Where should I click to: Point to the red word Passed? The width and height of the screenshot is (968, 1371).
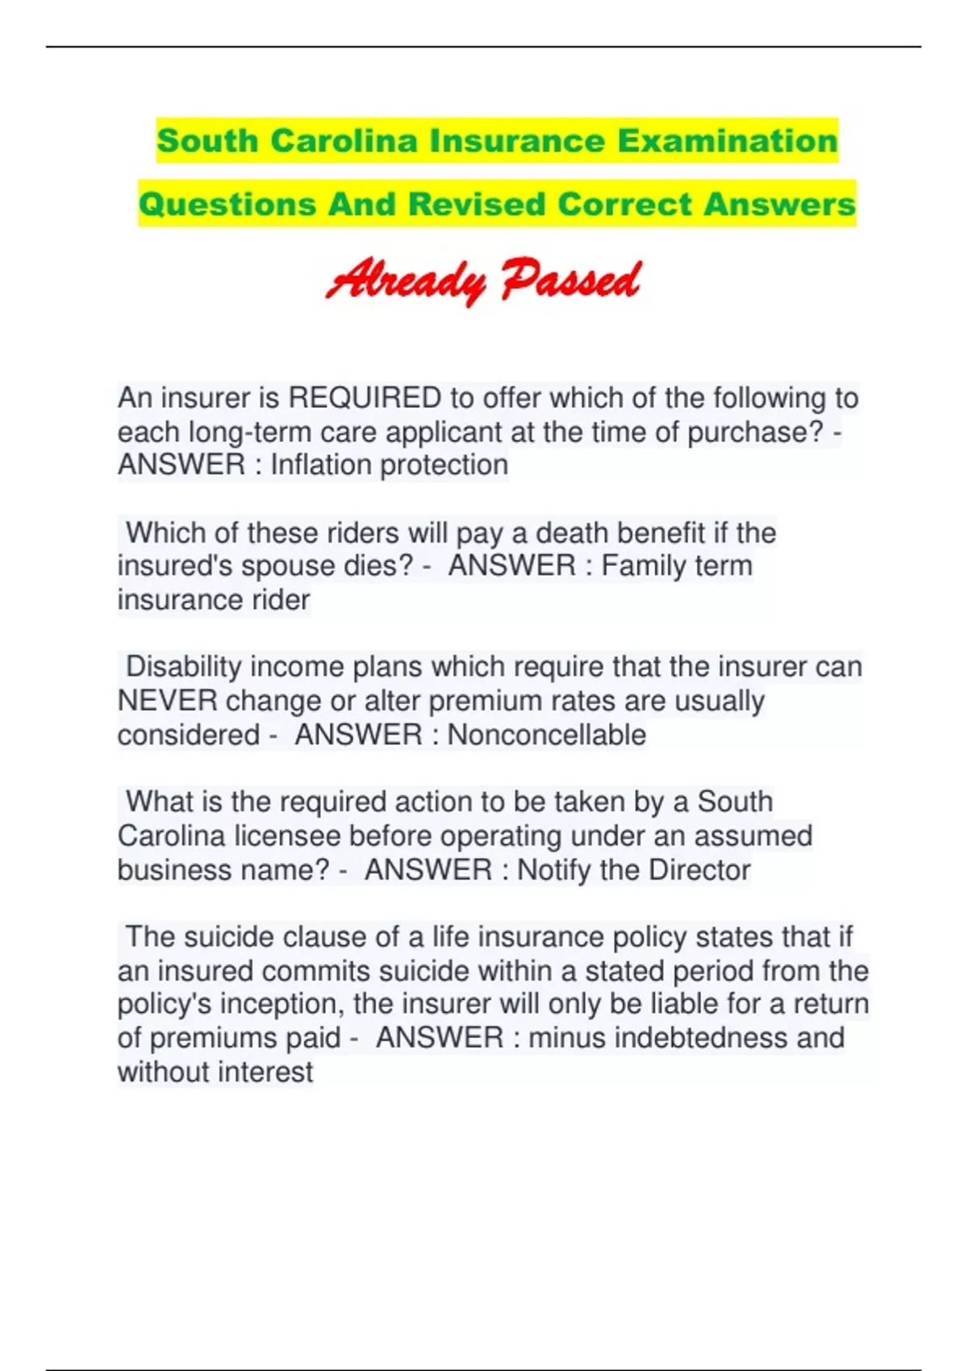click(570, 280)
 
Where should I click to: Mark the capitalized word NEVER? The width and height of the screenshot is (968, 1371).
click(167, 701)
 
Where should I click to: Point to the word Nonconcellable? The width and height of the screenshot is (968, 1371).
click(546, 735)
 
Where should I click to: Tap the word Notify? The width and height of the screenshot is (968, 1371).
click(554, 870)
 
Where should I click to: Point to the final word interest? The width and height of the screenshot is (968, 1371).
click(264, 1072)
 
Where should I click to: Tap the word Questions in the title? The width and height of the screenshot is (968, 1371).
click(227, 204)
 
